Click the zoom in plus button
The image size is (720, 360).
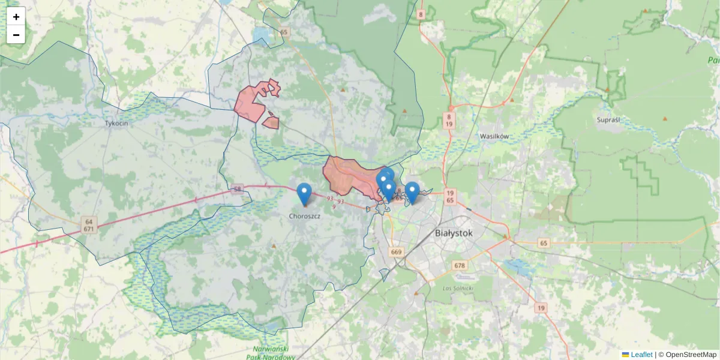click(x=16, y=17)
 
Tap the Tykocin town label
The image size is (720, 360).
click(x=116, y=122)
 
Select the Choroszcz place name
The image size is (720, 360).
click(x=304, y=216)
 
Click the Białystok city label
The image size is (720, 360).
click(x=453, y=233)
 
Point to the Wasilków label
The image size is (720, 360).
click(x=494, y=136)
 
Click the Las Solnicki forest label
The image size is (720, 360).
click(x=458, y=289)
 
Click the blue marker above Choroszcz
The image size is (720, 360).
click(x=305, y=193)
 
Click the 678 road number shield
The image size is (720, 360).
click(x=460, y=265)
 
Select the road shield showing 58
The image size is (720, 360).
click(x=238, y=189)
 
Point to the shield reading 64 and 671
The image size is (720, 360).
click(x=89, y=225)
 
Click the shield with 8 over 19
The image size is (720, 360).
click(x=449, y=119)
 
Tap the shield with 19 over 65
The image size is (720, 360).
click(x=451, y=196)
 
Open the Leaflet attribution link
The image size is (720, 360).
click(x=641, y=355)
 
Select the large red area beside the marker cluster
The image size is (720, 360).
click(x=348, y=174)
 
